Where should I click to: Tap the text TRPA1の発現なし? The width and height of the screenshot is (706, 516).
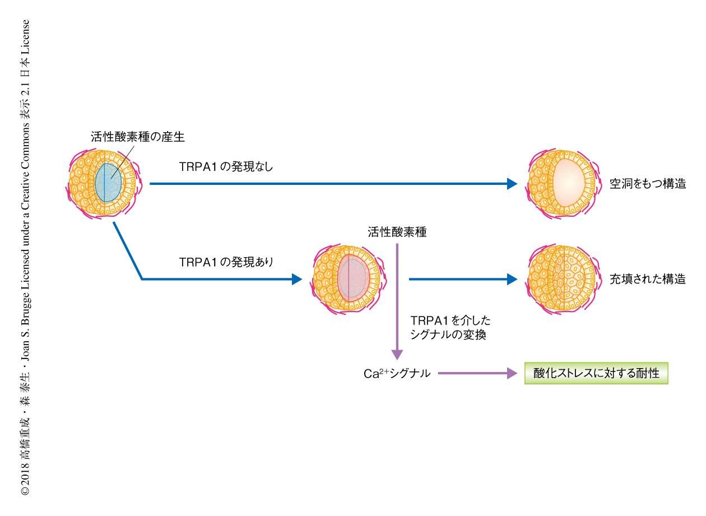pos(226,166)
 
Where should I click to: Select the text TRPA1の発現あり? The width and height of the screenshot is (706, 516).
pos(226,262)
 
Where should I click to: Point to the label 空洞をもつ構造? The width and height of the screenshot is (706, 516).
pos(648,184)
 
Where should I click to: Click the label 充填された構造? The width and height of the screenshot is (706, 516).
pos(648,279)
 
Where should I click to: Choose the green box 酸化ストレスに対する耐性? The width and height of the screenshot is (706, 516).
pos(596,373)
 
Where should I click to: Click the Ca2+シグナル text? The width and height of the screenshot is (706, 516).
pos(397,374)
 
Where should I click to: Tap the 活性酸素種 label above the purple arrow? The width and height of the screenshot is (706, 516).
pos(397,232)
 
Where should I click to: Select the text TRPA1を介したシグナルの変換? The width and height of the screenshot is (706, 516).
pos(450,327)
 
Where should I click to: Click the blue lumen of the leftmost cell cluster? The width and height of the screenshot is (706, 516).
pos(108,183)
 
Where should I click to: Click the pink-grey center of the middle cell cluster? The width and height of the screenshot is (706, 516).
pos(353,278)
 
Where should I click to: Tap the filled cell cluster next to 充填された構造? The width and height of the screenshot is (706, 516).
pos(561,278)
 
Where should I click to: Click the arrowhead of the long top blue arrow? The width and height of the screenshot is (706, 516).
pos(512,183)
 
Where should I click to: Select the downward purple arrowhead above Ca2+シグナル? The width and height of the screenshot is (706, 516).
pos(397,354)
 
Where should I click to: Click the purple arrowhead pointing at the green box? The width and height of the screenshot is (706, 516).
pos(512,373)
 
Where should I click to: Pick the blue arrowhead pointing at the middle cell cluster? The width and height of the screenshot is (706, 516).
pos(297,278)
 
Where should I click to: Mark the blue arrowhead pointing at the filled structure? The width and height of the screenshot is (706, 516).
pos(512,278)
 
